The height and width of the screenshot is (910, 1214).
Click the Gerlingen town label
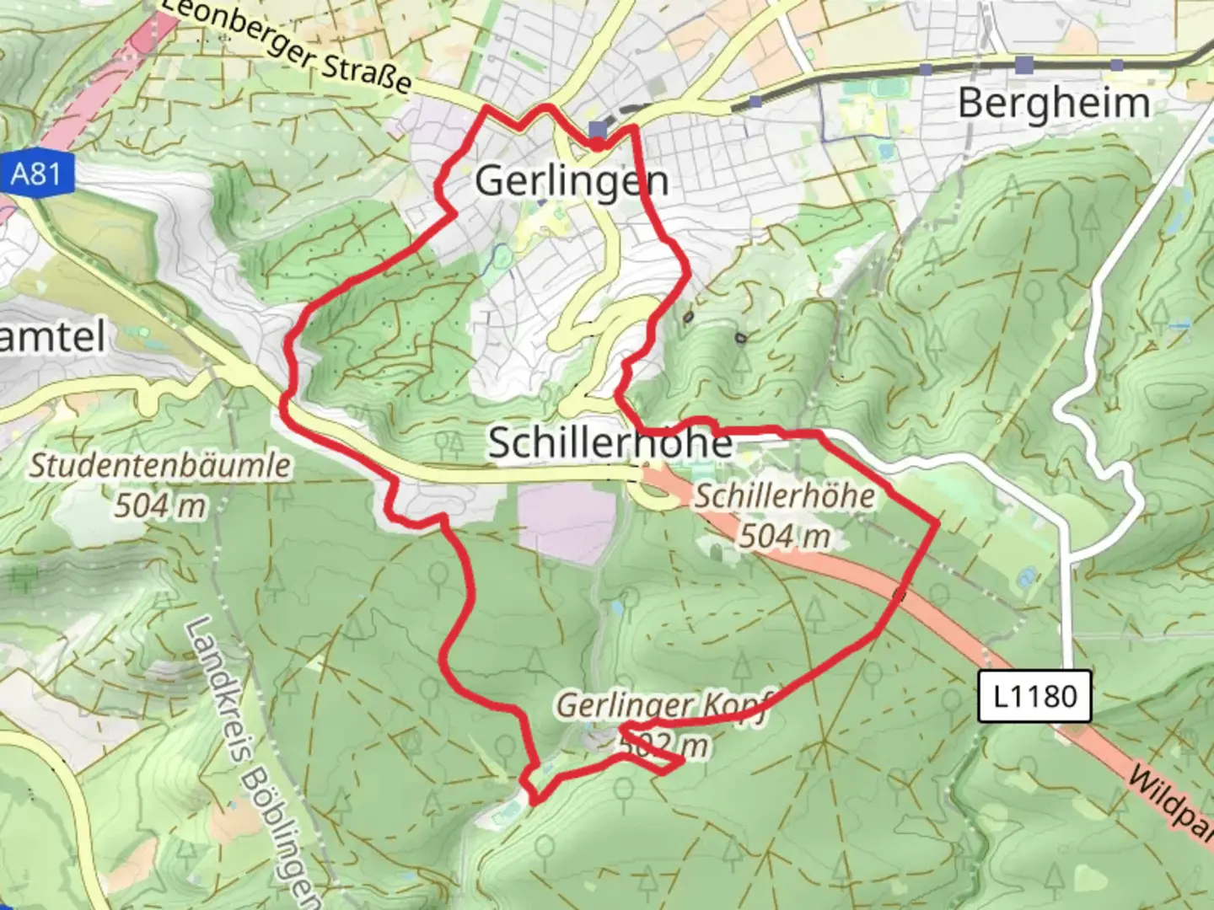pos(572,180)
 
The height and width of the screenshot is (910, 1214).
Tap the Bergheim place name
pos(1054,104)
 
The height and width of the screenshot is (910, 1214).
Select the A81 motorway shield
pos(36,174)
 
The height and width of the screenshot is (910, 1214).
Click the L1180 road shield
pos(1034,696)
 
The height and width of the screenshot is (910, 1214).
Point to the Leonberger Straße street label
pos(287,46)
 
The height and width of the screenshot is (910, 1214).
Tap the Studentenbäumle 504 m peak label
pos(160,484)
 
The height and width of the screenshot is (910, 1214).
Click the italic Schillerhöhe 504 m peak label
pos(784,515)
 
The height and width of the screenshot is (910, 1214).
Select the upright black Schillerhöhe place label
pos(610,443)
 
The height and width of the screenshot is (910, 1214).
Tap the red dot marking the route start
pos(597,145)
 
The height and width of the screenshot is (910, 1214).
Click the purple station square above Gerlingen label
pos(598,130)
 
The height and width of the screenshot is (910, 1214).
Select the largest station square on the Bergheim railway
pos(1024,65)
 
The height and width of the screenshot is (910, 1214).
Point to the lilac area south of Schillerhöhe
pos(567,522)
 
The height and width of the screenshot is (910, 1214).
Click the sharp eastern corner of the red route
pos(937,523)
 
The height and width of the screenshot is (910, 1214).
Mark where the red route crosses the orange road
pos(900,596)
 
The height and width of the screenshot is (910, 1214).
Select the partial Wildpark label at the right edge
pos(1172,800)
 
